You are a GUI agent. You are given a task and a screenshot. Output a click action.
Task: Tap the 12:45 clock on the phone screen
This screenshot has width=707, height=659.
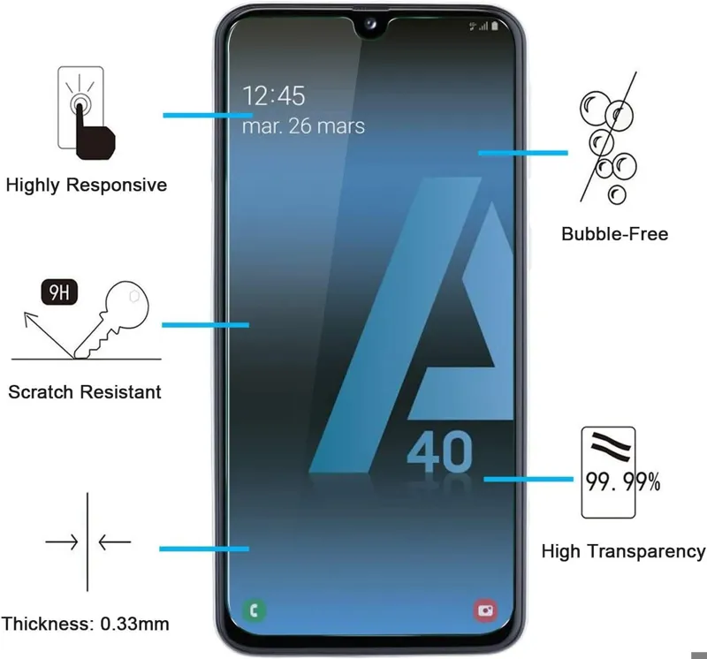[274, 95]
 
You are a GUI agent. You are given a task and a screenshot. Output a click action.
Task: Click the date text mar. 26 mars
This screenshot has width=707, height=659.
[303, 125]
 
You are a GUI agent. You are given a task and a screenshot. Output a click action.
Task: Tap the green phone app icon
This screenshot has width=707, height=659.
[255, 610]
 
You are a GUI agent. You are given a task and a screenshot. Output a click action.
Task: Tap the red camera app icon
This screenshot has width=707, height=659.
[485, 610]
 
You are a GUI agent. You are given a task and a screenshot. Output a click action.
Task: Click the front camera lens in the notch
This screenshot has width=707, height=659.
[370, 24]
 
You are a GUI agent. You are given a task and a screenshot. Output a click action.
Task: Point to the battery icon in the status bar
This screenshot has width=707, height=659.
[495, 26]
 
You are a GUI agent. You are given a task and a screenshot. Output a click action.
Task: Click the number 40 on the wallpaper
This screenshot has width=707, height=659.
[439, 451]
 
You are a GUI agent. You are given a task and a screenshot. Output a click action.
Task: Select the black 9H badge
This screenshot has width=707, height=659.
[59, 292]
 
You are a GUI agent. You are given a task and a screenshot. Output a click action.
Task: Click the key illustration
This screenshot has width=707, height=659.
[112, 319]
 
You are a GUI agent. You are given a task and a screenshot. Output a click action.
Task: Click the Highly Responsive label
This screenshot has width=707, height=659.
[86, 185]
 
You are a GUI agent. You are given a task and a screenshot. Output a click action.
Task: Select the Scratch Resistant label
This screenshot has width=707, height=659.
[85, 391]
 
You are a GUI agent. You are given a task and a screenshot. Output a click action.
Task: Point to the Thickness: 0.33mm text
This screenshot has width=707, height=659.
[85, 624]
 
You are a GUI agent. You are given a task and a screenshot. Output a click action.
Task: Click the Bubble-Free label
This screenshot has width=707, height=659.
[614, 234]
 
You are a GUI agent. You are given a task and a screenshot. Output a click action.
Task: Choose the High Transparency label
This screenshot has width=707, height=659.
[623, 551]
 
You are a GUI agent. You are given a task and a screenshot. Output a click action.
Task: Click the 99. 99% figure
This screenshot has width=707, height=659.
[623, 481]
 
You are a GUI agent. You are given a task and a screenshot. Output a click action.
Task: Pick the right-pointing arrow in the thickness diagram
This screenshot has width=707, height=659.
[62, 542]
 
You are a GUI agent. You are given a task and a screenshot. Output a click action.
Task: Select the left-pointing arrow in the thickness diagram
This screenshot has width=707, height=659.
[115, 542]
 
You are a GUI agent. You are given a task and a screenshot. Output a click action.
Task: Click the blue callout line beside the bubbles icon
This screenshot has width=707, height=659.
[523, 153]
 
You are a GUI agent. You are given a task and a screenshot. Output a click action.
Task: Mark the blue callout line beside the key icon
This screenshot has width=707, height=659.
[206, 325]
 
